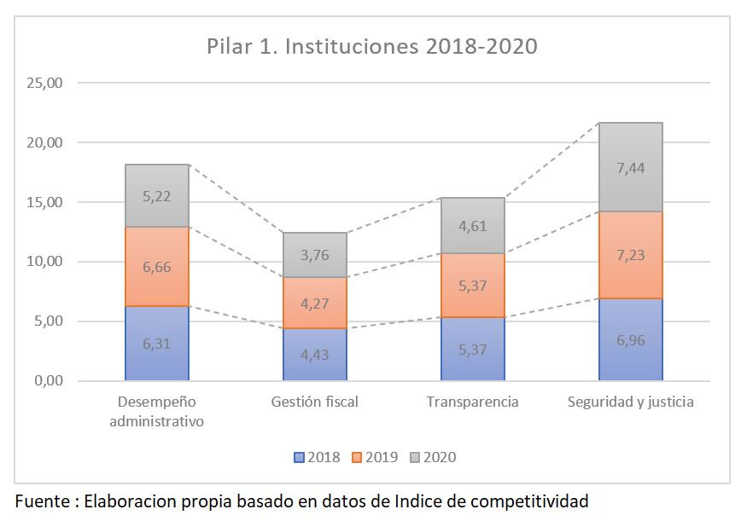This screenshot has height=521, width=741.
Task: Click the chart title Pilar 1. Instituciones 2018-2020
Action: click(372, 46)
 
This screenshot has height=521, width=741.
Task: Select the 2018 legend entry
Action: click(317, 457)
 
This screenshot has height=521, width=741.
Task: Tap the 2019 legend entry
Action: click(375, 457)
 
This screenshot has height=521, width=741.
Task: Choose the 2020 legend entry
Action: click(433, 457)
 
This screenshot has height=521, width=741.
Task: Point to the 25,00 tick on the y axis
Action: click(44, 83)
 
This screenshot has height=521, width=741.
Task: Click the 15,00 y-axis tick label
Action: click(44, 202)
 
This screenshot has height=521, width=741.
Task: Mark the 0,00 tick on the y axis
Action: click(48, 380)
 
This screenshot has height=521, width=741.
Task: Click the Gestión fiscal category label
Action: click(315, 402)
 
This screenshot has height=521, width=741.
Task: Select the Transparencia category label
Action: click(473, 402)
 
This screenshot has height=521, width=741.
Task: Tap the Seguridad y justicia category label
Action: click(630, 402)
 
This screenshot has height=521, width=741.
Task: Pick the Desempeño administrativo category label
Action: click(156, 412)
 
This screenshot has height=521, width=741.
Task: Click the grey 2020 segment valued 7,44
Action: click(630, 167)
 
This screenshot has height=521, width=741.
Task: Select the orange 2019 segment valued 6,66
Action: click(157, 266)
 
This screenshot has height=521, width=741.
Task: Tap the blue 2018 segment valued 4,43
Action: click(315, 354)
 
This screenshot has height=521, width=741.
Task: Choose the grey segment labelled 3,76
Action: click(315, 255)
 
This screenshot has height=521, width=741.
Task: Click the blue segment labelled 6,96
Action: click(630, 339)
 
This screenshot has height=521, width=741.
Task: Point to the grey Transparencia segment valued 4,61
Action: click(473, 226)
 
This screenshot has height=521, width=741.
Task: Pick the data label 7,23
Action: click(630, 255)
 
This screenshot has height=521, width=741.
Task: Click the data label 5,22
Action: click(157, 196)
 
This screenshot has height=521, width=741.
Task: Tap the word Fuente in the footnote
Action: click(43, 501)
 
